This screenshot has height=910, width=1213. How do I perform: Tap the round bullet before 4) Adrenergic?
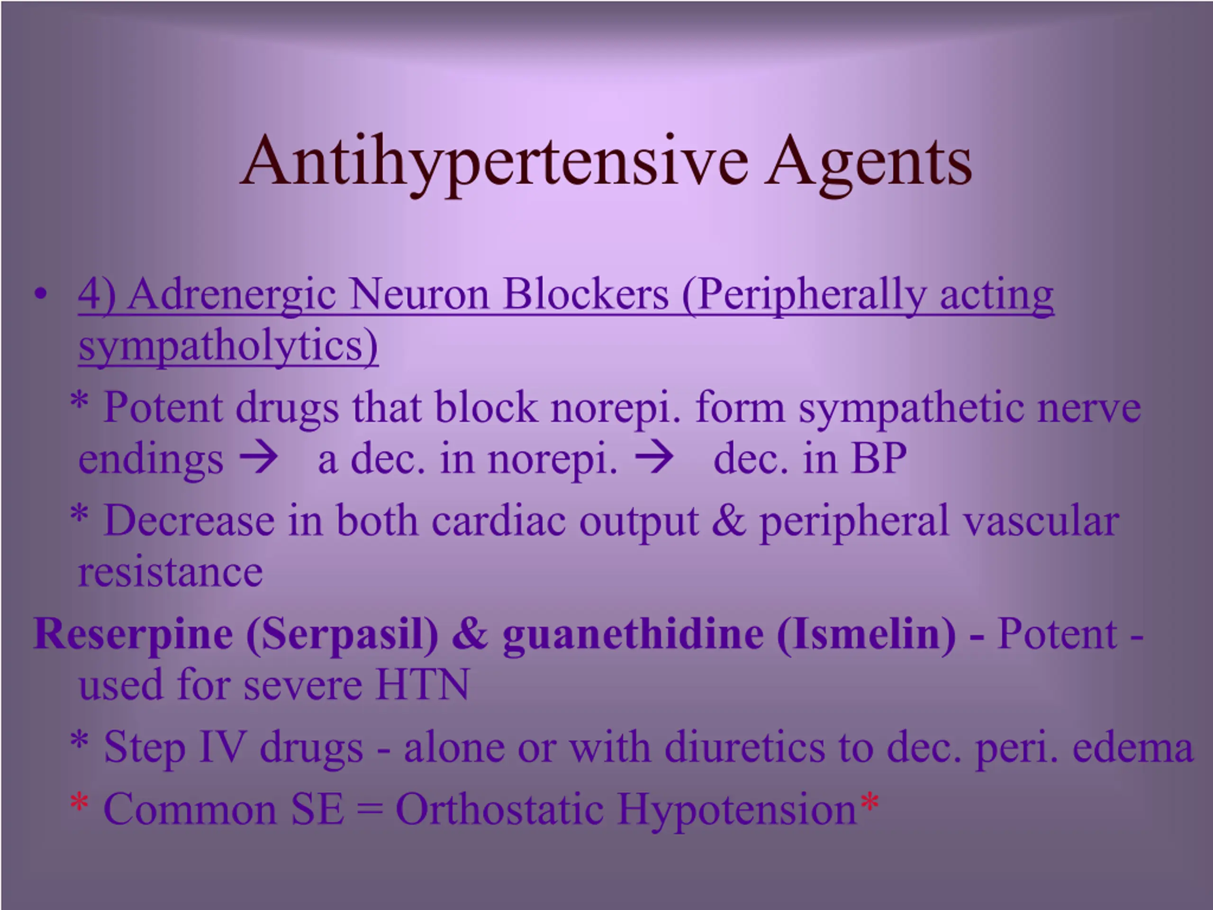click(x=40, y=294)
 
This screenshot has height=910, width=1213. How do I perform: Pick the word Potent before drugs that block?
click(x=163, y=407)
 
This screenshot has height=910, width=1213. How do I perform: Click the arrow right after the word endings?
click(x=258, y=458)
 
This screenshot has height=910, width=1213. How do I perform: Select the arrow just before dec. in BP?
click(x=654, y=458)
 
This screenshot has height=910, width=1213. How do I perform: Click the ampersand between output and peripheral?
click(x=729, y=520)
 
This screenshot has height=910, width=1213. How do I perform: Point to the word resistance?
click(x=171, y=573)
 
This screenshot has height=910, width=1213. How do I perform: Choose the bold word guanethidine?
click(x=634, y=634)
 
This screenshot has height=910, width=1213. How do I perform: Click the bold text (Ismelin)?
click(x=867, y=634)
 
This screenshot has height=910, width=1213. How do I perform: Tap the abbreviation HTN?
click(x=423, y=684)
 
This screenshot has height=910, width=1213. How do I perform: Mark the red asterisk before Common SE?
click(x=79, y=802)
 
